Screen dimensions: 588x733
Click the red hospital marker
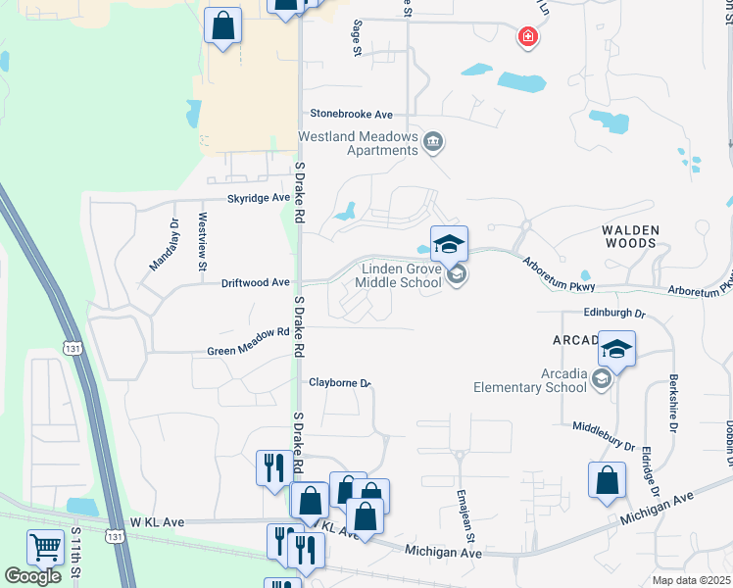tap(528, 37)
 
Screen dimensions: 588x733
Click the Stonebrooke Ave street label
tap(351, 115)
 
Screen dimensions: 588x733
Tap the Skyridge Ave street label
tap(260, 198)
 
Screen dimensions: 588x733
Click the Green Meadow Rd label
tap(249, 350)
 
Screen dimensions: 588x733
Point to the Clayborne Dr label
tap(339, 383)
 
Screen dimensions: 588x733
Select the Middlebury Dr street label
tap(605, 436)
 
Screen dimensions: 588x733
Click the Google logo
tap(32, 575)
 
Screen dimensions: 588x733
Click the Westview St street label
tap(203, 242)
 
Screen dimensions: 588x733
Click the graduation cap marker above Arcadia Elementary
tap(616, 347)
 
